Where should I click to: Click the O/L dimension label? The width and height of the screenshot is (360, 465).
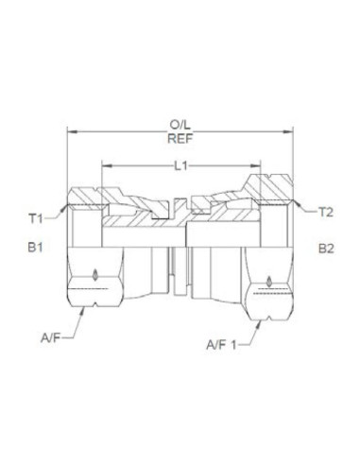click(179, 123)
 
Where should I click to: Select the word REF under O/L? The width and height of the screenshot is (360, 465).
click(179, 136)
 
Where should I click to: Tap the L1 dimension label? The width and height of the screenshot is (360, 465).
click(179, 165)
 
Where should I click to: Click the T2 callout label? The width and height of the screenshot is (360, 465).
click(325, 212)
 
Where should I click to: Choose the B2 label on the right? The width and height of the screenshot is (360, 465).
click(326, 250)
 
